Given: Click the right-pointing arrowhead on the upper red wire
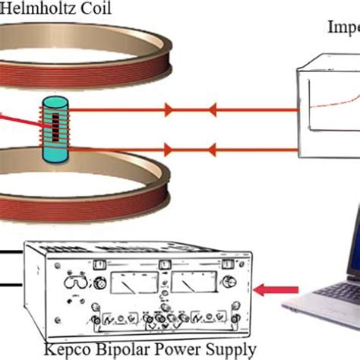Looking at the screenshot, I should (169, 110).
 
